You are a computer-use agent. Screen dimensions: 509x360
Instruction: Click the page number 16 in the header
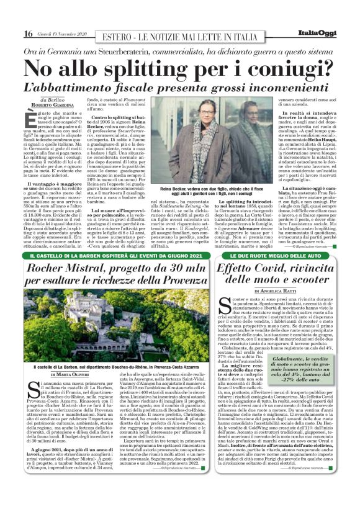pyautogui.click(x=28, y=34)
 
